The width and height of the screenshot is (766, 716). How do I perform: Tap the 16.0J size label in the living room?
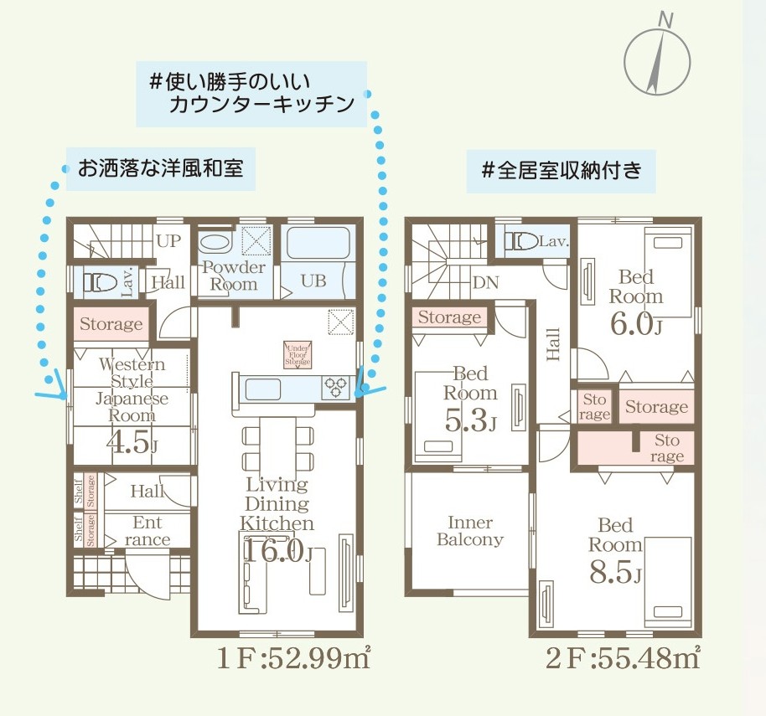tap(277, 552)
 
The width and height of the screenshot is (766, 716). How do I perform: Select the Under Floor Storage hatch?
tap(298, 355)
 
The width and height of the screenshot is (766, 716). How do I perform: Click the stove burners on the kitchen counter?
tap(336, 388)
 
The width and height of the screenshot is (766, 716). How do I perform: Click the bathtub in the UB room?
tap(318, 243)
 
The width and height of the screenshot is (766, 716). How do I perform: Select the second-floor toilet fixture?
tap(521, 241)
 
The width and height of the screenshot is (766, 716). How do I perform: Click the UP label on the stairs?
tap(169, 240)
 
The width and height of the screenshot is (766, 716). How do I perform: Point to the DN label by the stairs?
tap(485, 282)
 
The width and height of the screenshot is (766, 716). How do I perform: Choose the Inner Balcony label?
tap(470, 531)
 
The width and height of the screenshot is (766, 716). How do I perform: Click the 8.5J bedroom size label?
tap(615, 571)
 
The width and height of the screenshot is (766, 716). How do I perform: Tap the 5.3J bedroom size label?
tap(470, 420)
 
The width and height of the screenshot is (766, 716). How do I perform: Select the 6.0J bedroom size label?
tap(636, 324)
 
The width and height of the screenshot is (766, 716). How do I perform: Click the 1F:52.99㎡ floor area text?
tap(292, 659)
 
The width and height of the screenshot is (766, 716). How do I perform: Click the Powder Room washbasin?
tap(215, 243)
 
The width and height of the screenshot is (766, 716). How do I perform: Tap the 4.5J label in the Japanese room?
tap(132, 443)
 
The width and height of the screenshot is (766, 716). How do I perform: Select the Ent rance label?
tap(147, 531)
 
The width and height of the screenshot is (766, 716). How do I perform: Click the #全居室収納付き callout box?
tap(561, 171)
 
